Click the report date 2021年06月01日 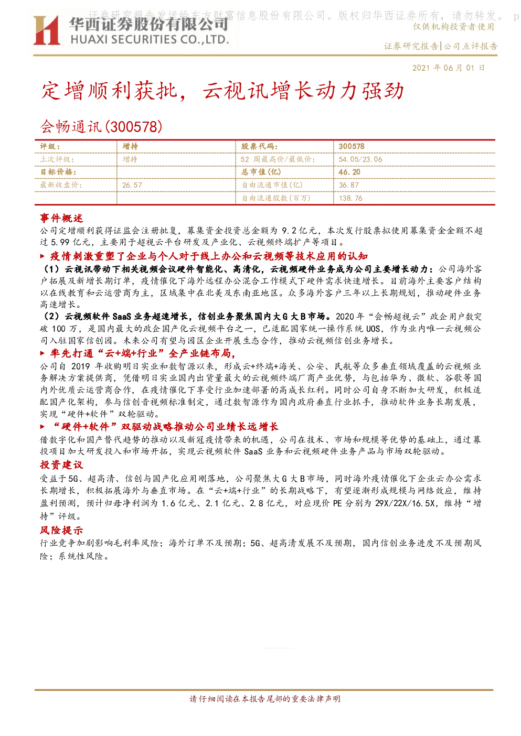point(448,68)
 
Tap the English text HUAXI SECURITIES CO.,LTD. point(150,40)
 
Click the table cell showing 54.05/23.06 point(360,159)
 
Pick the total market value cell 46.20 point(349,172)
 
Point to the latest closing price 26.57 point(132,185)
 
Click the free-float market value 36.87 point(349,185)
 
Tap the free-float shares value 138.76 point(350,198)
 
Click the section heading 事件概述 point(61,218)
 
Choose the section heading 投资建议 point(61,464)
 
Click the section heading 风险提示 point(61,530)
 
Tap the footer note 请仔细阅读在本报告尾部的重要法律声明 point(265,699)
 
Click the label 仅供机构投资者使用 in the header point(453,27)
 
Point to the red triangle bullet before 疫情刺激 point(42,256)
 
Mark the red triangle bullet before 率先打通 point(42,353)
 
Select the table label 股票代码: point(260,147)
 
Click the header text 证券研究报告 point(411,46)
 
